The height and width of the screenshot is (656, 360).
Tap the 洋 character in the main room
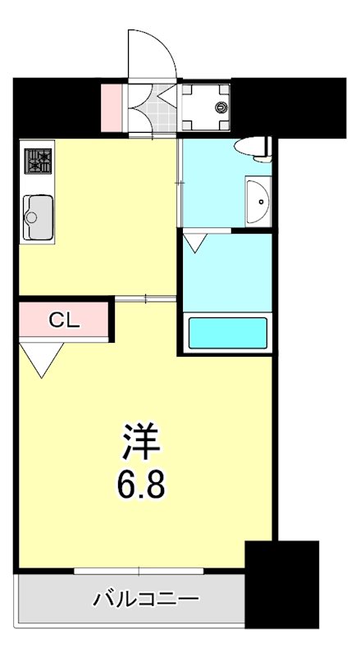(x=142, y=444)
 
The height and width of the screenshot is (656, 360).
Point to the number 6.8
(x=140, y=485)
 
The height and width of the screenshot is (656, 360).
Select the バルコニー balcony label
(x=146, y=599)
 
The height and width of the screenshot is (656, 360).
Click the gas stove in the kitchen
(x=38, y=160)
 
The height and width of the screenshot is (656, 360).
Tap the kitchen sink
(x=38, y=217)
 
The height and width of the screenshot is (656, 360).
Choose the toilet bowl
(x=251, y=148)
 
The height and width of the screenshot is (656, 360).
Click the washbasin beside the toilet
(x=258, y=198)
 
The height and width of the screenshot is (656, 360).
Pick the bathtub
(x=229, y=333)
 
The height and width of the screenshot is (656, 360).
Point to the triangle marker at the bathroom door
(x=195, y=242)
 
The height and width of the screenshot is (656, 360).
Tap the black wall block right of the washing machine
(x=287, y=107)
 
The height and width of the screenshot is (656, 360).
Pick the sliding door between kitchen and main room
(x=145, y=298)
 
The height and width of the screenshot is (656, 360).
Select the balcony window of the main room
(x=139, y=570)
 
